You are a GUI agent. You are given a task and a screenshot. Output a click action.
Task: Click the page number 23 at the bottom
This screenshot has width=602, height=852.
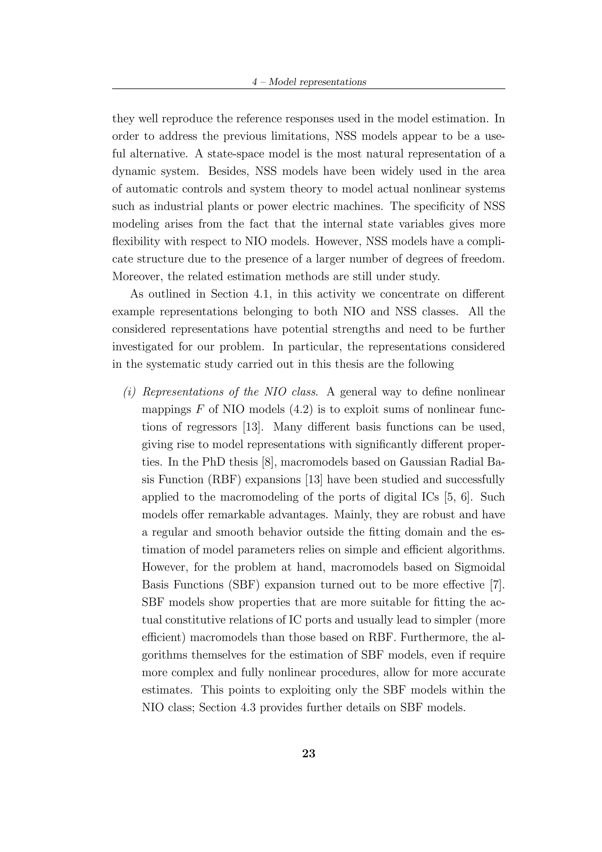pyautogui.click(x=309, y=754)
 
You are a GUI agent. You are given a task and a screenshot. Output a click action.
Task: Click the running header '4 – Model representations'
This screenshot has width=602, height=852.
pyautogui.click(x=309, y=82)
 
